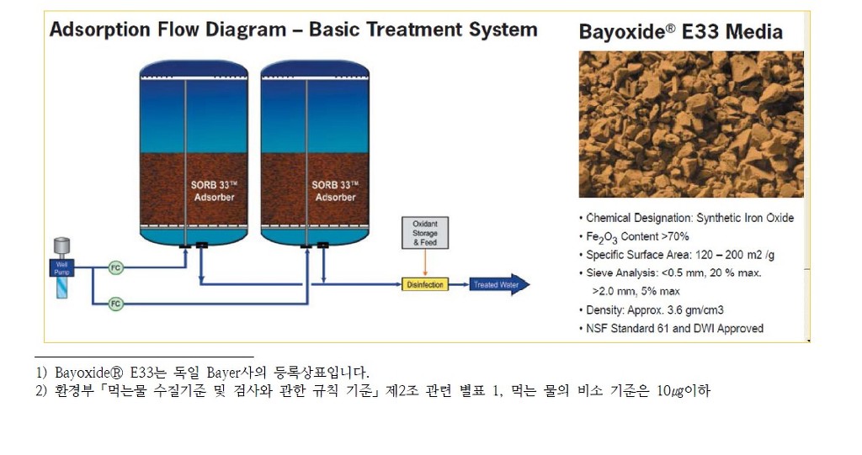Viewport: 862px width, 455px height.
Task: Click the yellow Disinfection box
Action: [425, 285]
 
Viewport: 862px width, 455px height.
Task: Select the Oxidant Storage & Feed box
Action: [425, 233]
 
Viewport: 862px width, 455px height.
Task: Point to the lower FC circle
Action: [116, 303]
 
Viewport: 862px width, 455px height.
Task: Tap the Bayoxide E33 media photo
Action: [690, 124]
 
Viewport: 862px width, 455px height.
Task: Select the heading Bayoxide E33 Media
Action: [680, 33]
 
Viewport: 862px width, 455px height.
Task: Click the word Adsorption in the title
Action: [98, 30]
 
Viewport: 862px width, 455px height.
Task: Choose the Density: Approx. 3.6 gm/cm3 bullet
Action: [655, 310]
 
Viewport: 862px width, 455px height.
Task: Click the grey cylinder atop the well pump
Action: [61, 246]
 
